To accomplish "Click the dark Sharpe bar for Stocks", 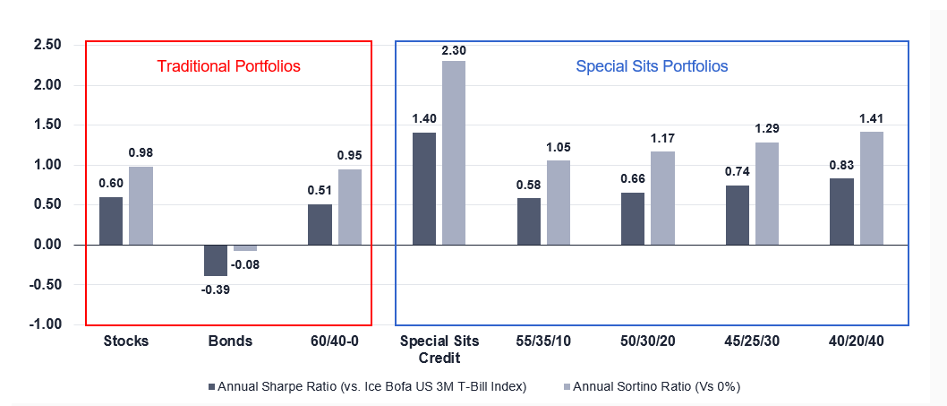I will tap(111, 220).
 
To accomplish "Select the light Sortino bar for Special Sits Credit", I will tap(453, 152).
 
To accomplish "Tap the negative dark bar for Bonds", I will tap(215, 260).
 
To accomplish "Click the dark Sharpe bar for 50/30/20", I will tap(633, 219).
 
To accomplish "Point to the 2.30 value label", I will tap(453, 51).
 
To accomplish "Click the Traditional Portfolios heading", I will tap(228, 66).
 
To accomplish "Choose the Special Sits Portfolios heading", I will tap(652, 66).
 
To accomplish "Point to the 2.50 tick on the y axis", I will tap(47, 45).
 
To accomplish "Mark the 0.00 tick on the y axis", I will tap(47, 245).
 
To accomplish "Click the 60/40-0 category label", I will tap(333, 341).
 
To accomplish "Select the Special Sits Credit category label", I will tap(439, 350).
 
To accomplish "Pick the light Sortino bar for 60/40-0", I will tap(349, 207).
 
